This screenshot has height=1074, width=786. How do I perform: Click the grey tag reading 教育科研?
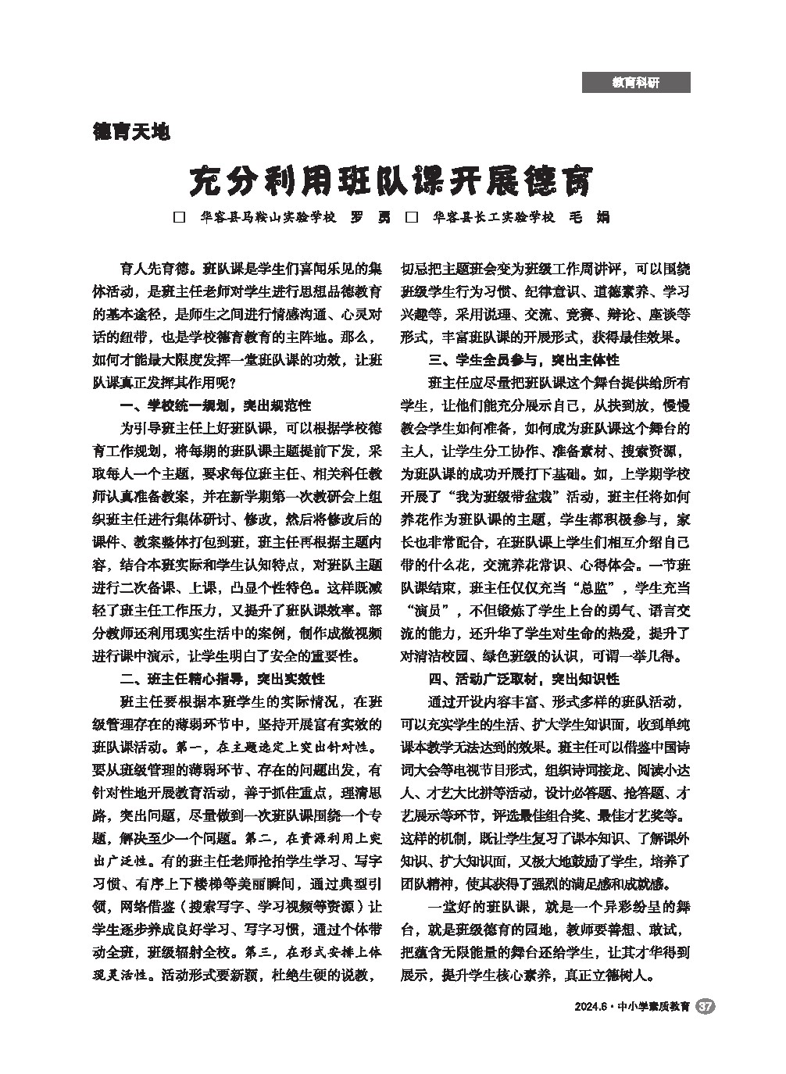pos(635,82)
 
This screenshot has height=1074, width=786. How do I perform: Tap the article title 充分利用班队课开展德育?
pos(392,181)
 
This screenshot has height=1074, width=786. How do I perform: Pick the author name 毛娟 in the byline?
pos(591,217)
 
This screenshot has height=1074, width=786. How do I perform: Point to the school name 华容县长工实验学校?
pos(493,217)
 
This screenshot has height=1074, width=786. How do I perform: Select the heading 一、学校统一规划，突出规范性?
pos(215,405)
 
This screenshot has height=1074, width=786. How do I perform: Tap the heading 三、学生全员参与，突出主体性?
pos(523,360)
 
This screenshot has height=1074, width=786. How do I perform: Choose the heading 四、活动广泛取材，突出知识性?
pos(523,679)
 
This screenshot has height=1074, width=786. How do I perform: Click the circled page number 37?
pos(705,1007)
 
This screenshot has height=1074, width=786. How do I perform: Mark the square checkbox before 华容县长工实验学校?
pos(411,217)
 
